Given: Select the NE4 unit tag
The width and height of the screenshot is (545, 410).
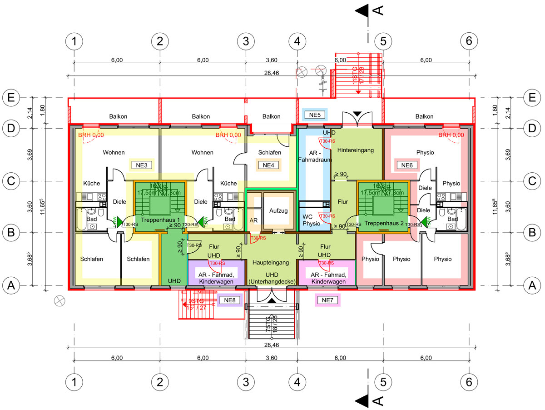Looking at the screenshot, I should point(268,165).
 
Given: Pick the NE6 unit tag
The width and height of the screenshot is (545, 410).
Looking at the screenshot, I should point(406,165).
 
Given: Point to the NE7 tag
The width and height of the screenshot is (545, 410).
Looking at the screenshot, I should point(327,300).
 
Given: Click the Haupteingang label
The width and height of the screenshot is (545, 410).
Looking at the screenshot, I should point(271,263).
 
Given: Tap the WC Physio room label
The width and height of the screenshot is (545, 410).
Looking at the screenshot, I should point(311,220).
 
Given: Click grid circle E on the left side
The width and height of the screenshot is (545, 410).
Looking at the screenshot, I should point(11,97).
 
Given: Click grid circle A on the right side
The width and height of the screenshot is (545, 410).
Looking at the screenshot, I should point(534,285).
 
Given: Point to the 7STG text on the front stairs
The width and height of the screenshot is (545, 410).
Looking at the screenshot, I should point(268,324).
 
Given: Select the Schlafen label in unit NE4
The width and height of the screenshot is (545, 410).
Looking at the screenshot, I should point(270,153).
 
